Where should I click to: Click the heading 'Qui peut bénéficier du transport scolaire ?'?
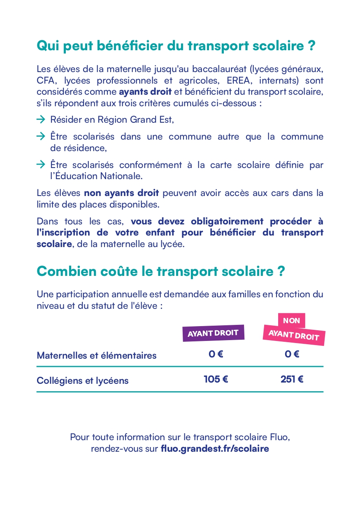pos(176,46)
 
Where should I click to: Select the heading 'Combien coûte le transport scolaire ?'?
pos(161,271)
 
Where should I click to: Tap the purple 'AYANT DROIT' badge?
pos(213,333)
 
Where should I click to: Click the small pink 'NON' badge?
pos(291,320)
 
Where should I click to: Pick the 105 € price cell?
pos(216,379)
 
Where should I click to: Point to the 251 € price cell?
pos(292,379)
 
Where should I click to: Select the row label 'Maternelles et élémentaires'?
pos(97,355)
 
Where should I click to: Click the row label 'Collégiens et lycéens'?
pos(83,380)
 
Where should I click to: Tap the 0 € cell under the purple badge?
pos(216,354)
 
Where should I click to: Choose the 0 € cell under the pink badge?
pos(292,354)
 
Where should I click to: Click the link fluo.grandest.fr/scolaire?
pos(215,449)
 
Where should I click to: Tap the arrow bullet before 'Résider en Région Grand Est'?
pos(40,120)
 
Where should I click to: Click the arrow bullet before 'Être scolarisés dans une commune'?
pos(40,136)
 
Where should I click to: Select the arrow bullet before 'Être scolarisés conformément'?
pos(40,165)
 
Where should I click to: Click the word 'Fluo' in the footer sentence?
pos(280,437)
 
